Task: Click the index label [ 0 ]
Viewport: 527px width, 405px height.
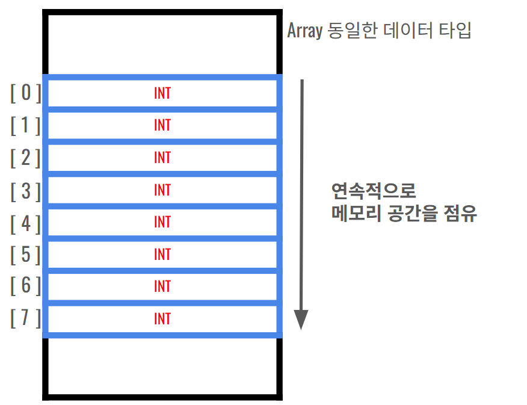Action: tap(26, 93)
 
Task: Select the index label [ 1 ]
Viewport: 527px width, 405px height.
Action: tap(26, 125)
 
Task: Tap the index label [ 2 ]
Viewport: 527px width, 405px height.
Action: tap(26, 158)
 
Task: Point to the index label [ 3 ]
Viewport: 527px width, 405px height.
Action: tap(26, 190)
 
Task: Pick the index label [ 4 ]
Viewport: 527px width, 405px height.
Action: tap(26, 222)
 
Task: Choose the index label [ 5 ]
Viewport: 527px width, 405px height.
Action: tap(26, 255)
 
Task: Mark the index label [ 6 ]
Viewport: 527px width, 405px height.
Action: tap(26, 286)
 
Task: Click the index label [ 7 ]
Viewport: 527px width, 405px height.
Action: tap(26, 318)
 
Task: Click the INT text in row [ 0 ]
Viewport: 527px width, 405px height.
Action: tap(162, 93)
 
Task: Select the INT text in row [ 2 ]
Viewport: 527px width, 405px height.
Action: tap(162, 158)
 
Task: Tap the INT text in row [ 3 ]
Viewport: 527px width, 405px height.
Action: tap(162, 190)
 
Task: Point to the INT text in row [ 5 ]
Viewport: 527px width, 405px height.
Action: tap(162, 255)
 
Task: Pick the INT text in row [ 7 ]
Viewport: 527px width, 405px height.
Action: tap(162, 318)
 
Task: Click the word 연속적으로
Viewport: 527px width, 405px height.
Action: tap(374, 191)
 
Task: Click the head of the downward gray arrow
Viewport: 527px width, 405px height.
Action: tap(301, 320)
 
